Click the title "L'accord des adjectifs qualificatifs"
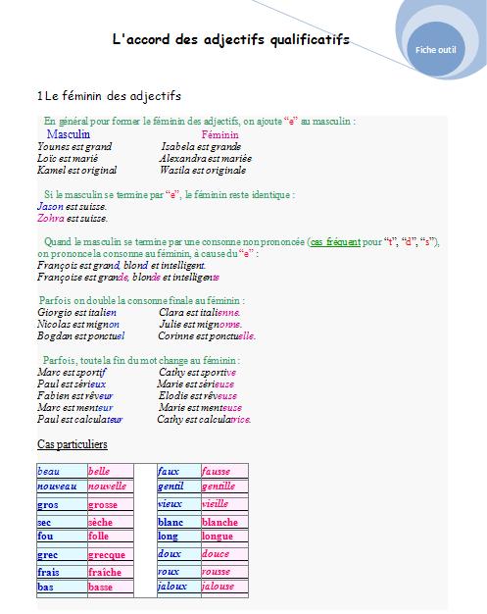(231, 39)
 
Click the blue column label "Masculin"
(69, 133)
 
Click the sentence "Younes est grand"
(73, 146)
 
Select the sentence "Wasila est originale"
(204, 170)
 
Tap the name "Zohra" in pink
(49, 219)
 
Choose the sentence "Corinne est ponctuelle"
(207, 335)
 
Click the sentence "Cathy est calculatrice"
(204, 419)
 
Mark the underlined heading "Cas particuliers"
(72, 445)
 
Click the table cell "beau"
(48, 472)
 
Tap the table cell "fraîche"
(105, 572)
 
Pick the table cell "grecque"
(109, 554)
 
